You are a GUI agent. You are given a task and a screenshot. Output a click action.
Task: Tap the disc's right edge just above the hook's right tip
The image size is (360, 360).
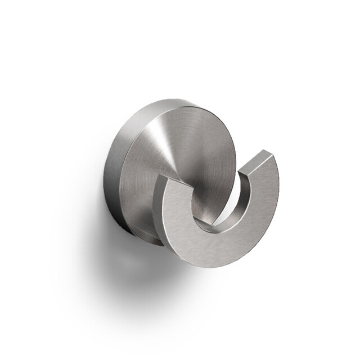click(235, 157)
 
